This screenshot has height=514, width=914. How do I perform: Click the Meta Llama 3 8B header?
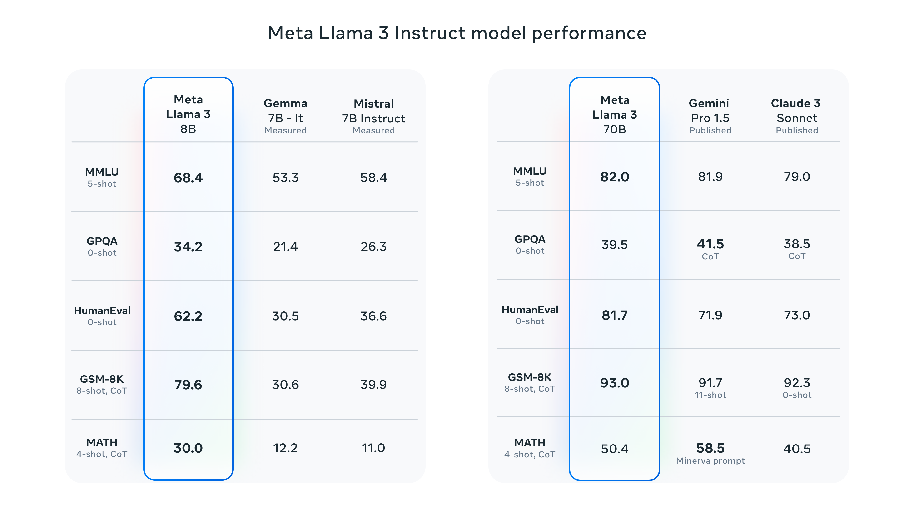point(188,114)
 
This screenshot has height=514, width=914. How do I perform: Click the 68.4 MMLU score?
point(188,177)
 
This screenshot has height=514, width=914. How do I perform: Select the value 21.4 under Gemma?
point(285,247)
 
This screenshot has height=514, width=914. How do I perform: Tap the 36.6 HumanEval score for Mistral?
point(373,316)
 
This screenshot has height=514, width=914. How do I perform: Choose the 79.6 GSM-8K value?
point(188,385)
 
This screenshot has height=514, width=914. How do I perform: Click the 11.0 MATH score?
point(373,448)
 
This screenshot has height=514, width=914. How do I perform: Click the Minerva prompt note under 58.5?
point(710,460)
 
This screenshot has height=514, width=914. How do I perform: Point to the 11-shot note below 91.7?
point(710,395)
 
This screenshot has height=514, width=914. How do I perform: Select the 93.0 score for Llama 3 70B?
point(615,383)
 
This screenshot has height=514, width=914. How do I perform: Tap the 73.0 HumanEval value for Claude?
point(797,315)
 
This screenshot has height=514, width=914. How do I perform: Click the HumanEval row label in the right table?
point(530,310)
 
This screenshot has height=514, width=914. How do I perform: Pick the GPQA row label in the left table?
point(102,241)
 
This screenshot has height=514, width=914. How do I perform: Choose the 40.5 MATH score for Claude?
point(797,449)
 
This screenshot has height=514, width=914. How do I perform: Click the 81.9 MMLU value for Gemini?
point(710,177)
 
